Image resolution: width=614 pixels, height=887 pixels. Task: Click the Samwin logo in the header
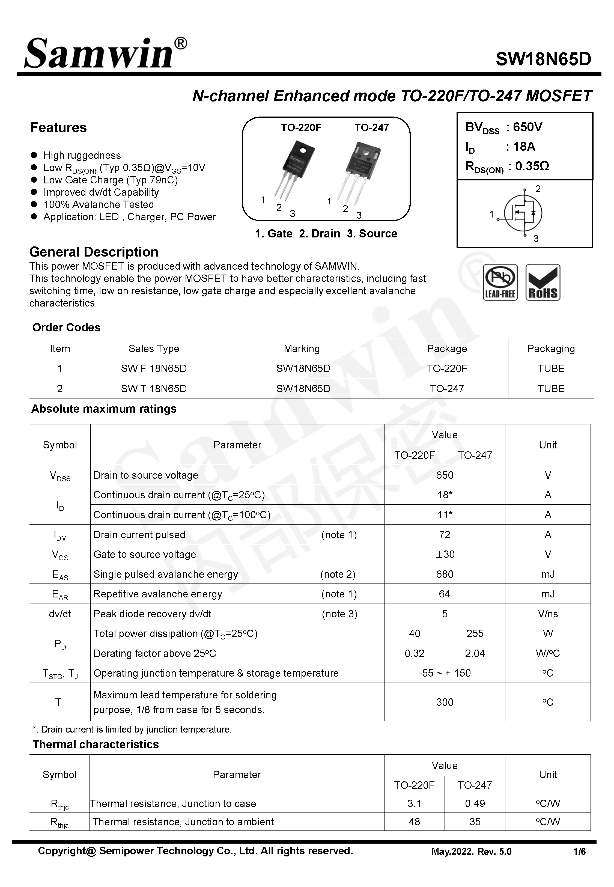coord(105,54)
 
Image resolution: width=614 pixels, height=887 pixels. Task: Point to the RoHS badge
coord(543,282)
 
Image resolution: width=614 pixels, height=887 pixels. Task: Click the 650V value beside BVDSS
coord(527,127)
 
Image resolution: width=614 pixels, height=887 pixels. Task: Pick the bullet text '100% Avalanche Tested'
coord(99,204)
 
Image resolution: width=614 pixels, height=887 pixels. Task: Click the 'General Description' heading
coord(94,252)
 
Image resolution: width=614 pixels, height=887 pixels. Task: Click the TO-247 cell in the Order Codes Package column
coord(447,388)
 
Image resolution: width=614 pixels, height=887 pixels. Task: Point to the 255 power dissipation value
coord(475,633)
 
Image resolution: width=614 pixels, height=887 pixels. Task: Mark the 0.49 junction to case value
coord(475,803)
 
